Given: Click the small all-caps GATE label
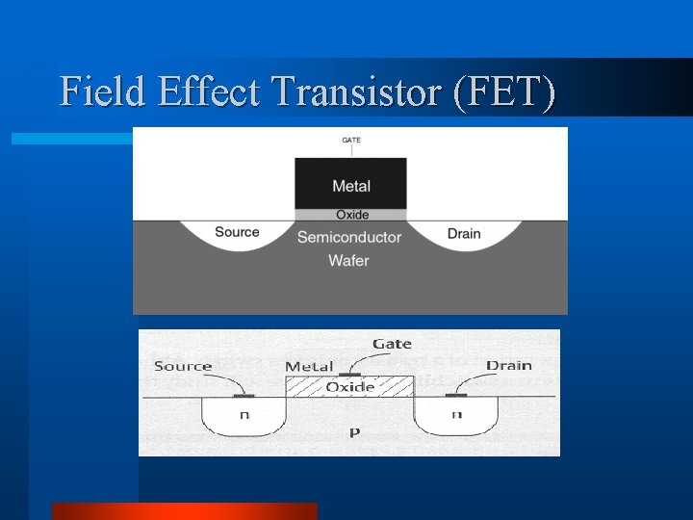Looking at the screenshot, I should [x=351, y=140].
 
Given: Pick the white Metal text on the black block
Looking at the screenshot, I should [x=351, y=186].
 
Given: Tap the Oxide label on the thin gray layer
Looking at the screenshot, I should [x=351, y=215].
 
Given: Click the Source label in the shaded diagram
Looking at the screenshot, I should [x=237, y=232].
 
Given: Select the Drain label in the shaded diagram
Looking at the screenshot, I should [x=464, y=234].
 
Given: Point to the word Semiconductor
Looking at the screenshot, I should [x=348, y=237].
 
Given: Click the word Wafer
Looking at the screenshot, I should [x=348, y=260].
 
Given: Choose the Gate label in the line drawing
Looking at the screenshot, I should [x=392, y=344].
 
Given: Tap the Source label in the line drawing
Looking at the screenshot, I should [x=183, y=366].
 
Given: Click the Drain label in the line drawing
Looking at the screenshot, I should [x=508, y=365].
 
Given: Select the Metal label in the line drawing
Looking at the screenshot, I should [x=309, y=367].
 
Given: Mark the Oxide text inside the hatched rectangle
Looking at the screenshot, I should [x=350, y=386].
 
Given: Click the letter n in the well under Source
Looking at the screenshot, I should [x=244, y=414].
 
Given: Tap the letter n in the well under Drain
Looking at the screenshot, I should [x=456, y=414].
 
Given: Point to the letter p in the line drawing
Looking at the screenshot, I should [x=354, y=433].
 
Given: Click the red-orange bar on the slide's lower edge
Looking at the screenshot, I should [x=184, y=511].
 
